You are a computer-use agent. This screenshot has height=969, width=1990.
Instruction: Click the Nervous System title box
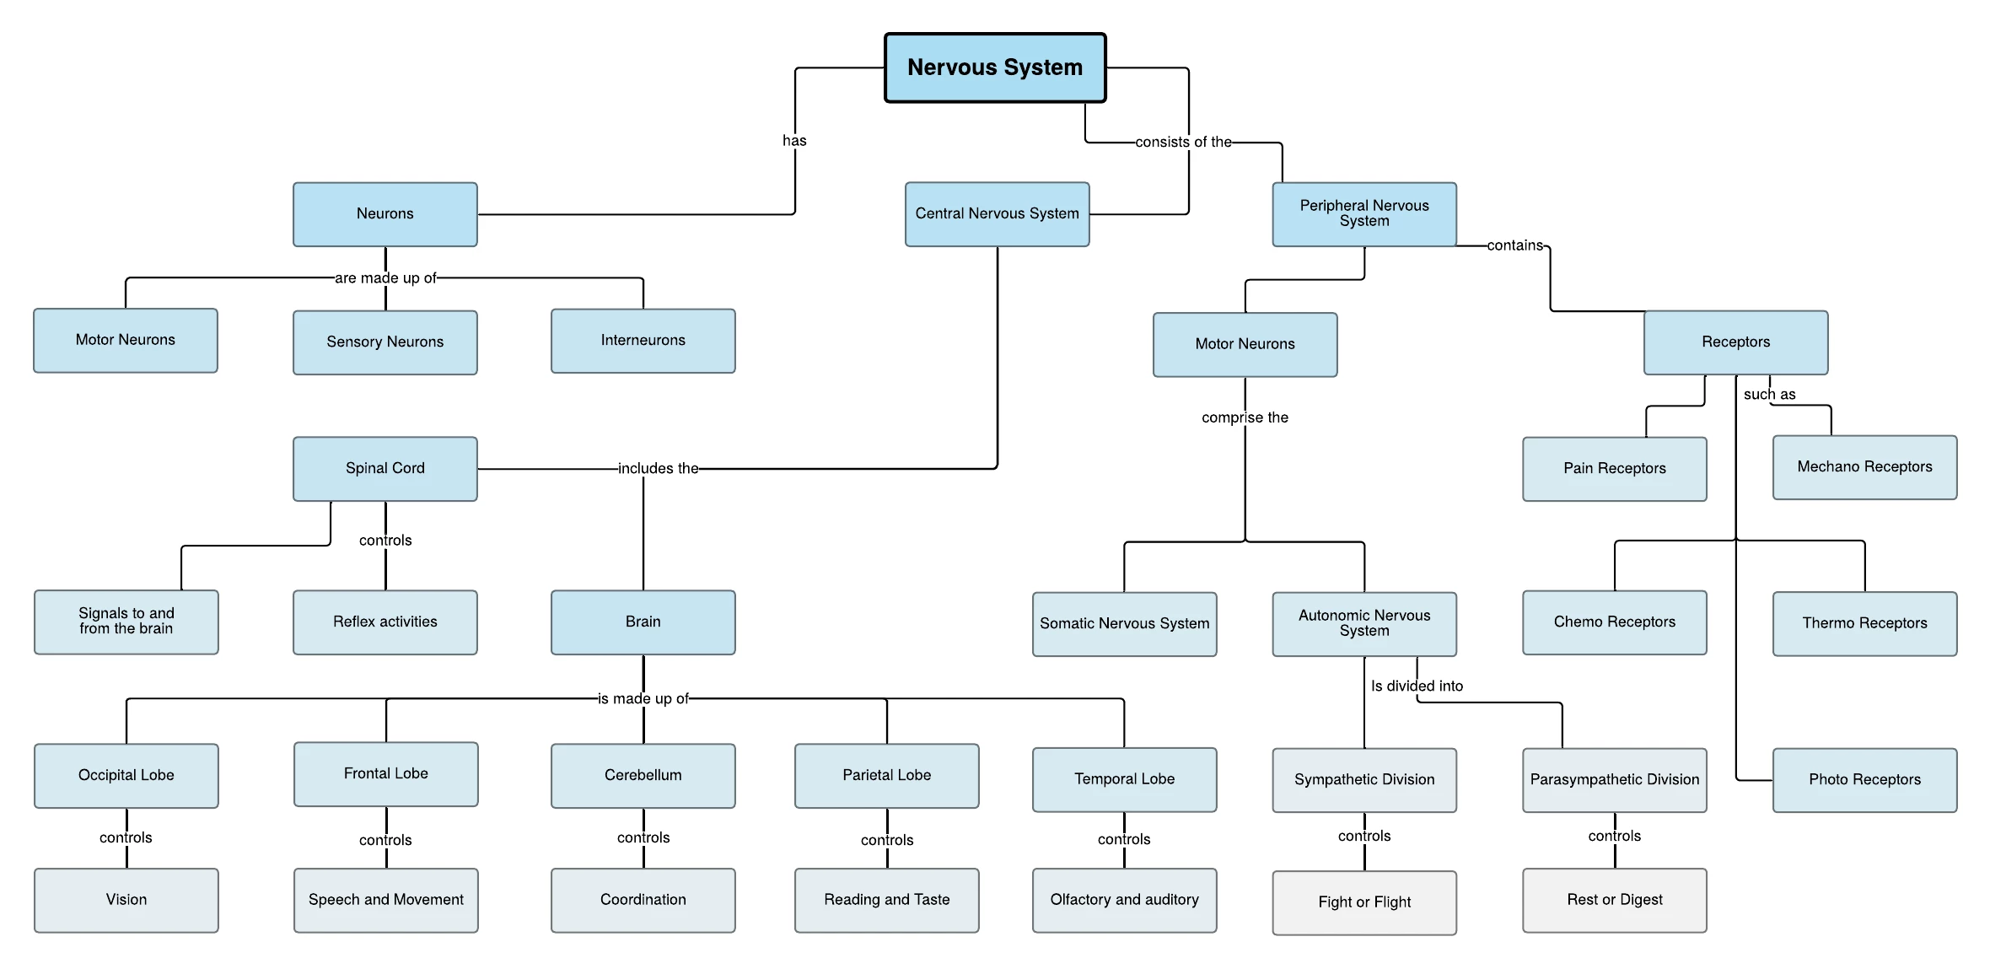coord(995,67)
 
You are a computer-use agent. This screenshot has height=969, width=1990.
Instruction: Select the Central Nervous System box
coord(997,214)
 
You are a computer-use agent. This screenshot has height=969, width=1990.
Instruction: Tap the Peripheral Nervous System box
coord(1364,214)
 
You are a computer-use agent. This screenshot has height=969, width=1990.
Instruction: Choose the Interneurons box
coord(643,341)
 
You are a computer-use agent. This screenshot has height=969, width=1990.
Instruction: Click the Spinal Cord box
coord(385,469)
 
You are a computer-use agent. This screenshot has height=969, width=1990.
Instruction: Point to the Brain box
coord(643,622)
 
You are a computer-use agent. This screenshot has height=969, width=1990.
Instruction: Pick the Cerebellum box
coord(643,776)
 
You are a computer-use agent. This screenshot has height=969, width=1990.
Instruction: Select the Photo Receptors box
coord(1864,780)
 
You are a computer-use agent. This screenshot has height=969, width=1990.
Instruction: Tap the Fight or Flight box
coord(1364,902)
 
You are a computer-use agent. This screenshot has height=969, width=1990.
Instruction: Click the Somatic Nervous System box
coord(1124,624)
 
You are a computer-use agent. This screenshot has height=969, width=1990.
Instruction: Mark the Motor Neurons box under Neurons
coord(126,341)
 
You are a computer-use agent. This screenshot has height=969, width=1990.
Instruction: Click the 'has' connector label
coord(794,141)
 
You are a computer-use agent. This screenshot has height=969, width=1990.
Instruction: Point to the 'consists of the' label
coord(1183,143)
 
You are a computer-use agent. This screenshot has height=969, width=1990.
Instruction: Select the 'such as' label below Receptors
coord(1769,395)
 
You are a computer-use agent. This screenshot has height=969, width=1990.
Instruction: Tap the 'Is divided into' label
coord(1417,686)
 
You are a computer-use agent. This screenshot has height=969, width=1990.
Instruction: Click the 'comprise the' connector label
coord(1245,417)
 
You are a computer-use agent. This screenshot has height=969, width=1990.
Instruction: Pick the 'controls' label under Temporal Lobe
coord(1124,839)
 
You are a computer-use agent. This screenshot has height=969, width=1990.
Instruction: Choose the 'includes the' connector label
coord(658,469)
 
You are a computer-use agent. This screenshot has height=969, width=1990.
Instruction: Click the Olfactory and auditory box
coord(1124,901)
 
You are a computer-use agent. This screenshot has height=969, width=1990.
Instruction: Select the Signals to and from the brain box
coord(126,622)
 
